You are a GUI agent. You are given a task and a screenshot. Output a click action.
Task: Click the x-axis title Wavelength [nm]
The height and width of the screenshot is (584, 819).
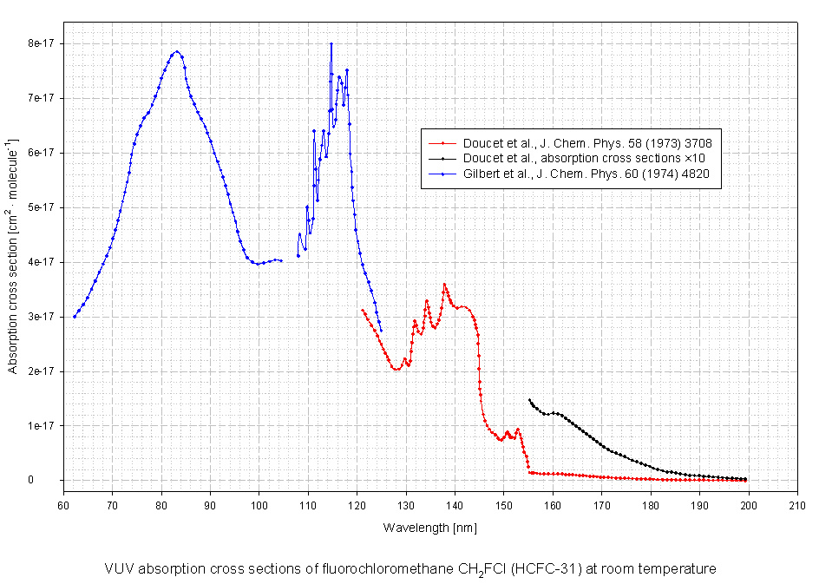point(429,527)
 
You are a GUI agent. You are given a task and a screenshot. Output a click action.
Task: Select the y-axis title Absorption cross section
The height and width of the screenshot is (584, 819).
point(12,256)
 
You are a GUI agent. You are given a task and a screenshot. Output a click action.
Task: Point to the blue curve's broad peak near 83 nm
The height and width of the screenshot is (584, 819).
point(176,51)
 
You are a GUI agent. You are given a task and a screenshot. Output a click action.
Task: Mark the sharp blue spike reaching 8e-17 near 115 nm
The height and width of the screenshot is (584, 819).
point(331,44)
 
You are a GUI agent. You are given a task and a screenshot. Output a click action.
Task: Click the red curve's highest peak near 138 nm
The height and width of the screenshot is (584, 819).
point(444,284)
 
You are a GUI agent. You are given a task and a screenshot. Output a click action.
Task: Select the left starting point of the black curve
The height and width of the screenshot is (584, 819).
point(529,400)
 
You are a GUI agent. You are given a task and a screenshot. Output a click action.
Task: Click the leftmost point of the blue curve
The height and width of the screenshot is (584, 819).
point(75,317)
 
